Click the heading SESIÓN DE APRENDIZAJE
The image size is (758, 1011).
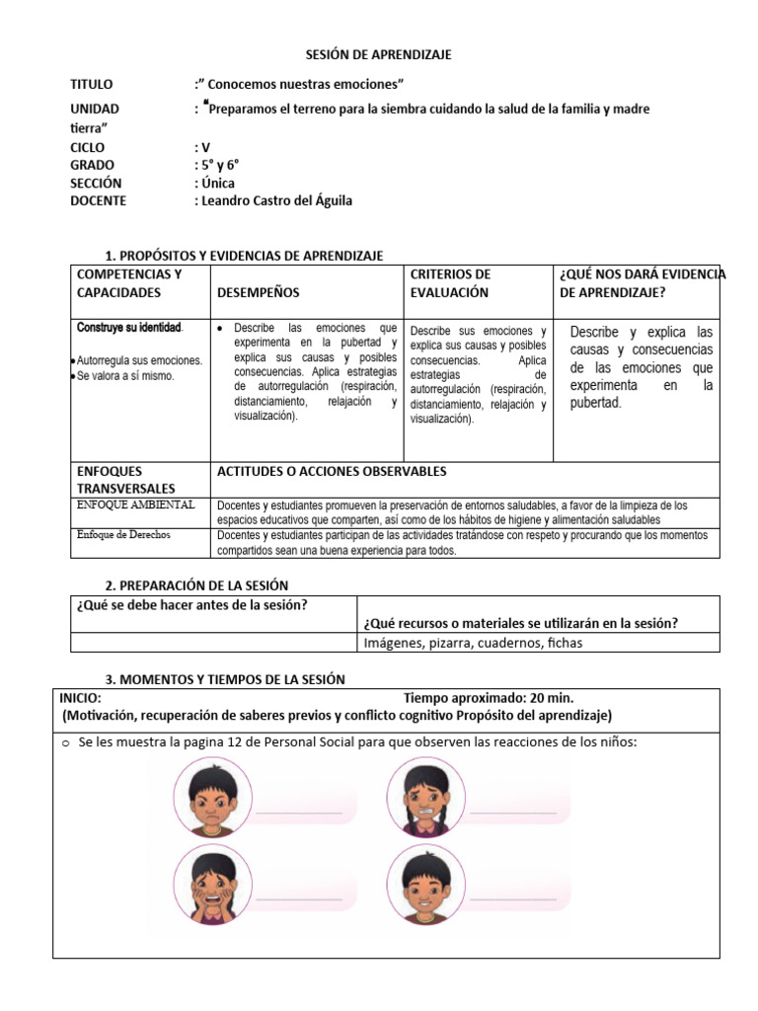[379, 55]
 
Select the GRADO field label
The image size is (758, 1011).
[92, 165]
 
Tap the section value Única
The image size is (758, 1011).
[218, 183]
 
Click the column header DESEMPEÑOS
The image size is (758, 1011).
[258, 292]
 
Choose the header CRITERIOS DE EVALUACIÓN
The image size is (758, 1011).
[450, 282]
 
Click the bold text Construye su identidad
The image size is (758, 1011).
[129, 327]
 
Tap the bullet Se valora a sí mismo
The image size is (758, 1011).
[125, 375]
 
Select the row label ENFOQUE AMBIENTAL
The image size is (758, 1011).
[135, 505]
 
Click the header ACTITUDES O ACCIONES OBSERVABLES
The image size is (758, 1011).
[332, 472]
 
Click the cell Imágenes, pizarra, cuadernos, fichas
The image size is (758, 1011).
[473, 643]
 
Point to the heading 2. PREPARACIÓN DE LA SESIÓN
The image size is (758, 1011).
[196, 585]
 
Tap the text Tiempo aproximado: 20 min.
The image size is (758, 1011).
[489, 697]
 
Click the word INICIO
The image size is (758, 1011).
[80, 697]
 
